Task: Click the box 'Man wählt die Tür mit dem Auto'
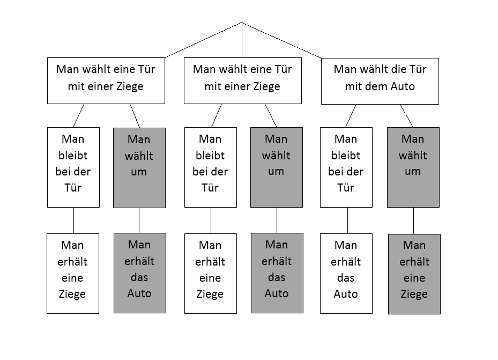point(380,81)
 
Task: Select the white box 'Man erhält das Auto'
point(346,274)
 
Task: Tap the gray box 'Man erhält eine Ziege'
point(413,274)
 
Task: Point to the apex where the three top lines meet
point(242,22)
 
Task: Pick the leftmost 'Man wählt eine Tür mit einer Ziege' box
point(106,81)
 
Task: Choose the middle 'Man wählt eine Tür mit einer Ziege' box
point(242,81)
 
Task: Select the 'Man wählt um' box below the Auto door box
point(413,167)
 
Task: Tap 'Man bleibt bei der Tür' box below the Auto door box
point(346,167)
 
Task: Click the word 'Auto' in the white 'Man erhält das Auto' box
point(346,294)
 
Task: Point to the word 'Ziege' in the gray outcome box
point(414,294)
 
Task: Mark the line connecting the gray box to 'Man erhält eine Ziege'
point(413,221)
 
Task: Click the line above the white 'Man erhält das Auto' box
point(347,221)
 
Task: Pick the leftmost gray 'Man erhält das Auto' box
point(139,274)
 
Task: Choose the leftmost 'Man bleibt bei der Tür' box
point(73,167)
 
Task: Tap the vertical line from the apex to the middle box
point(242,40)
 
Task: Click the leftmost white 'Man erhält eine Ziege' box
point(73,274)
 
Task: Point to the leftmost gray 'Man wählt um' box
point(139,167)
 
